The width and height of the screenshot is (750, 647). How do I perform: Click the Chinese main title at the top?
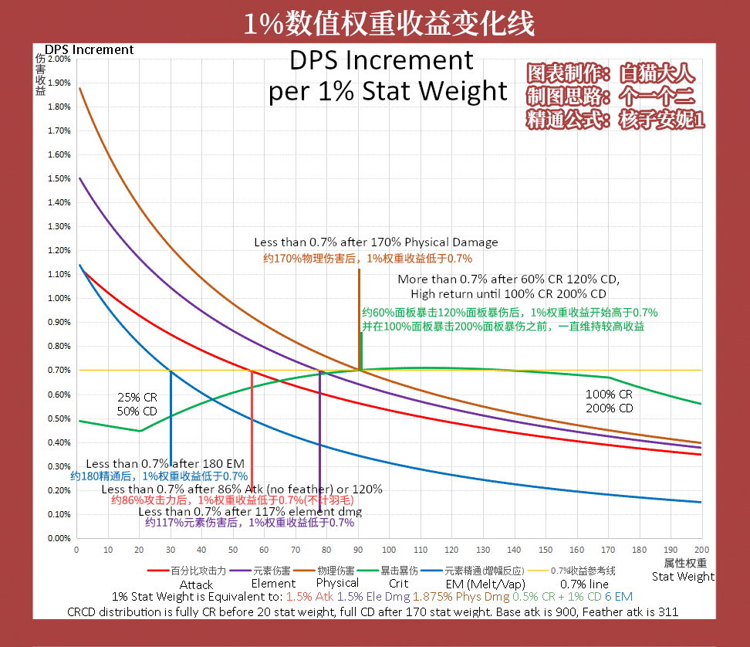click(388, 24)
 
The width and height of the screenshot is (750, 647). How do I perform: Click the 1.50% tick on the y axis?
click(59, 178)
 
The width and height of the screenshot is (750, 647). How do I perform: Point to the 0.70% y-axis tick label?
click(59, 371)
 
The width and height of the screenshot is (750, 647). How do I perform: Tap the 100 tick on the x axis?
click(390, 549)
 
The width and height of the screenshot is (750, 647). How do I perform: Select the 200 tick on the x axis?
click(701, 549)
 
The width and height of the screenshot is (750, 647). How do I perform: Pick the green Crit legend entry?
click(398, 571)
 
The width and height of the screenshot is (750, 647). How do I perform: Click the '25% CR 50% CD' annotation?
click(137, 404)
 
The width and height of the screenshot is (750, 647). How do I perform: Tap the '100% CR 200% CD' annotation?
click(609, 401)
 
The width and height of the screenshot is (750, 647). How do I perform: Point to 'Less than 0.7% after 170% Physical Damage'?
click(376, 242)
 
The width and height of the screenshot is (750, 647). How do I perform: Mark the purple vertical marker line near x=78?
click(319, 432)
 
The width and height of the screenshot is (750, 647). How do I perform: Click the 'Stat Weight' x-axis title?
click(683, 576)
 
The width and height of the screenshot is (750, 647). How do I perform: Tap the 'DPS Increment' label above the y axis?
click(89, 49)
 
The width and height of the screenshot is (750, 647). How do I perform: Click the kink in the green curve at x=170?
click(609, 378)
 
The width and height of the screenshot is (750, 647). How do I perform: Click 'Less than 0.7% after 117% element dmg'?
click(250, 511)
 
